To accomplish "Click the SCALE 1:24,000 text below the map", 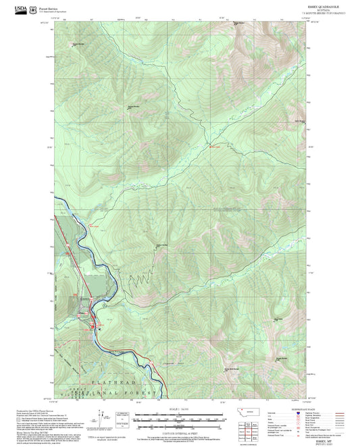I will (x=179, y=409).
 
